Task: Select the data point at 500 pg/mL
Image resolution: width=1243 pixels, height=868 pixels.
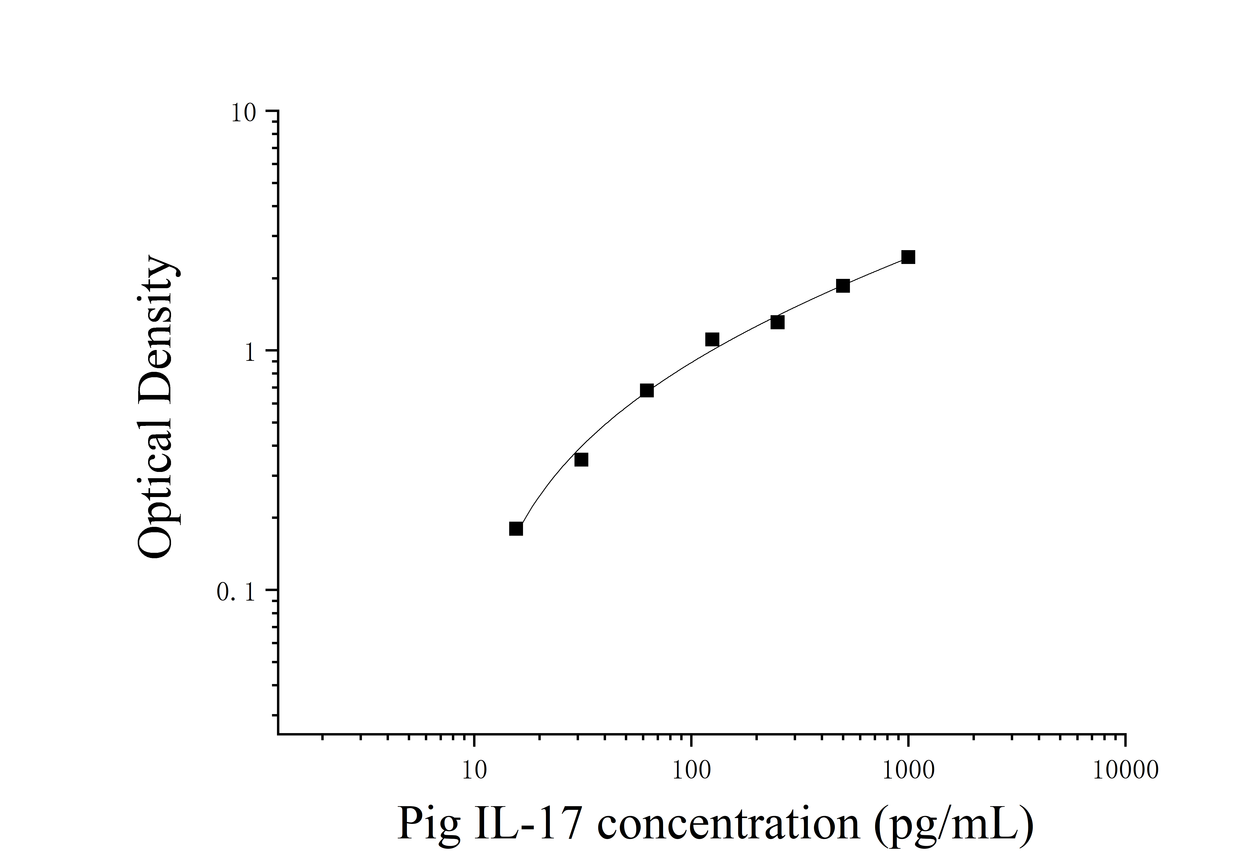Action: pyautogui.click(x=843, y=286)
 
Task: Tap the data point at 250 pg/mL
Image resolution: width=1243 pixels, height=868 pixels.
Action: pyautogui.click(x=777, y=322)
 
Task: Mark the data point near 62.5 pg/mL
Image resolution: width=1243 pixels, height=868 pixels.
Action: pyautogui.click(x=647, y=390)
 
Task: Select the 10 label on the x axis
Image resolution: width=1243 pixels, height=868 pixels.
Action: pyautogui.click(x=475, y=770)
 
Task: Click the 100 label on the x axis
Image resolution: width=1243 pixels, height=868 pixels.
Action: pyautogui.click(x=691, y=770)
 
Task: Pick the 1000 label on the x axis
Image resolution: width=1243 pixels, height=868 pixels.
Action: pyautogui.click(x=909, y=770)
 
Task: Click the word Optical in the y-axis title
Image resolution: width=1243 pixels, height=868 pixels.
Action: pyautogui.click(x=156, y=480)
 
